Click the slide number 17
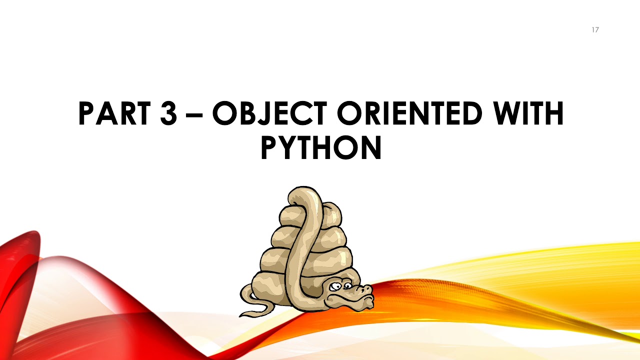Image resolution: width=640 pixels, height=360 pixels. coord(595,30)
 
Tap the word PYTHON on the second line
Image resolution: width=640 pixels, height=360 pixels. coord(320,148)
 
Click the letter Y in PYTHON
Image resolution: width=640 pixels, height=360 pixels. coord(292,148)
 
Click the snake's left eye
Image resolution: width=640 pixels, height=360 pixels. coord(334,286)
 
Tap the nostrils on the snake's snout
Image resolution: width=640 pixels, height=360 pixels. coord(368,288)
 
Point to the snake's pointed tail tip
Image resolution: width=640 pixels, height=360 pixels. coord(242,315)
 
